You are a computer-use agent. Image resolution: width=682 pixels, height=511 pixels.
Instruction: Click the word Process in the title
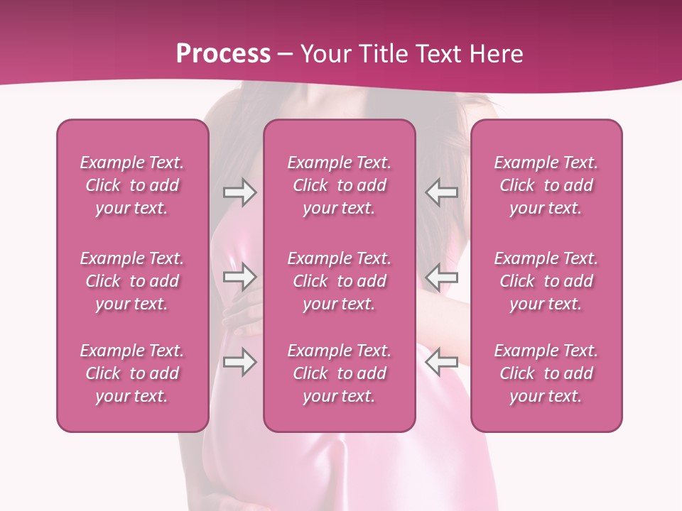(223, 54)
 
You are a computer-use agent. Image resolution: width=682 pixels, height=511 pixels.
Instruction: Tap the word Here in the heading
(495, 54)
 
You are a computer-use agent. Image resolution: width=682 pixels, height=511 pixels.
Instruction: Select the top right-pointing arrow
(239, 192)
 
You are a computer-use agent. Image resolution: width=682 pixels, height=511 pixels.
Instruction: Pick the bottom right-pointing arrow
(239, 362)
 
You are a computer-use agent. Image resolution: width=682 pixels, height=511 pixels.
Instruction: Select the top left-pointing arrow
(442, 192)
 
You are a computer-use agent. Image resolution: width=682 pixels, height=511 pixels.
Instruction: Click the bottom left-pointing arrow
(442, 362)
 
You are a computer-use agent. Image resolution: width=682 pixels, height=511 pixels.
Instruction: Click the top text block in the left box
(132, 185)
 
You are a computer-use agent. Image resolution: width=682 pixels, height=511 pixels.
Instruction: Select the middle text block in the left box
(132, 281)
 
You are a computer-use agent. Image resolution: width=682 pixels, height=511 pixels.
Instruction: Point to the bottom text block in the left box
(132, 373)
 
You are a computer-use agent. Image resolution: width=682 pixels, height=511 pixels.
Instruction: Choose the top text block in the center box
(339, 185)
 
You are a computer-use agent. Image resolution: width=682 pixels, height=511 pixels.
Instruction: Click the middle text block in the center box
(339, 281)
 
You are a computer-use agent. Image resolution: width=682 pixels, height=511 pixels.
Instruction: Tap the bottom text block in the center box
(339, 373)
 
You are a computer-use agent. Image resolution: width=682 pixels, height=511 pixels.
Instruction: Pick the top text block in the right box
(546, 185)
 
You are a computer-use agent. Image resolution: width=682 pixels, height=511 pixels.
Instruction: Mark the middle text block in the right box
(546, 281)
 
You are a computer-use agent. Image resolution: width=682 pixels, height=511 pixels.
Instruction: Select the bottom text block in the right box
(546, 373)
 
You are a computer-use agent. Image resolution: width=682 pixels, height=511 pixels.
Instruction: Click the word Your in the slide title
(324, 54)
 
